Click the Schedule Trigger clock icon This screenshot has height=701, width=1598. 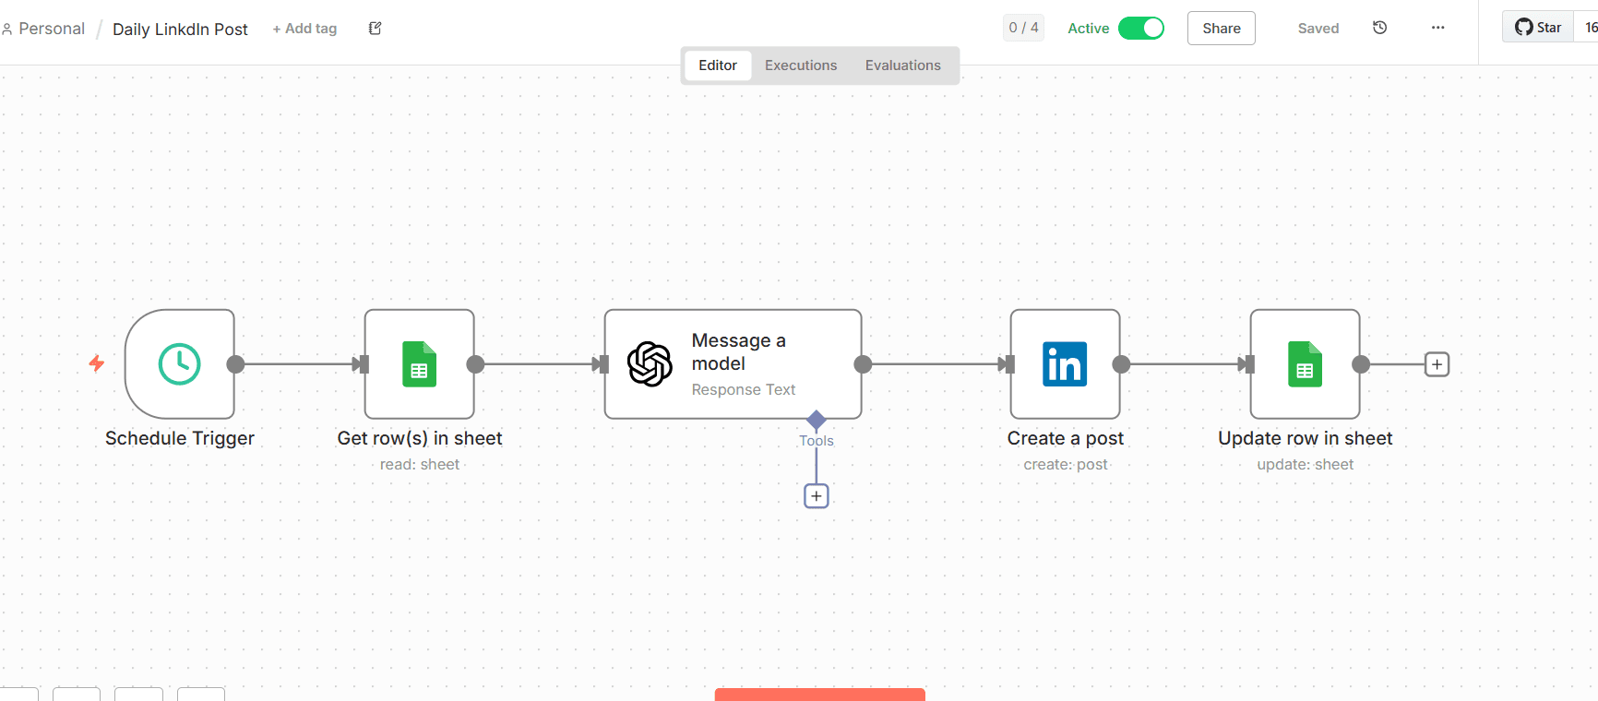pos(179,364)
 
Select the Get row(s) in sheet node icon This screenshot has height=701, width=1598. pos(419,364)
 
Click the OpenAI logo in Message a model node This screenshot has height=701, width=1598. pos(650,364)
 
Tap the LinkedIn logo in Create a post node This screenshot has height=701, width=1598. pos(1065,364)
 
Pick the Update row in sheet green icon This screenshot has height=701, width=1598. pos(1305,364)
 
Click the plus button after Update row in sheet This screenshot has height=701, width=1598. pos(1437,364)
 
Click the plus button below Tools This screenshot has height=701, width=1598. pos(817,496)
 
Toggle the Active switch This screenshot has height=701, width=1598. pos(1141,29)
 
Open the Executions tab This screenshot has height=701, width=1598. pos(801,65)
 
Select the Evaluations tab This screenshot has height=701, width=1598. pos(902,65)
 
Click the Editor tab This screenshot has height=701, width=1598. pos(718,65)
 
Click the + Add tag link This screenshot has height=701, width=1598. pos(304,29)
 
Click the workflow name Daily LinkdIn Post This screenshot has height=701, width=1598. pos(180,30)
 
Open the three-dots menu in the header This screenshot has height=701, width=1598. pos(1437,28)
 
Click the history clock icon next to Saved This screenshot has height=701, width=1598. pos(1380,28)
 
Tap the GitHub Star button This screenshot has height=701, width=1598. pos(1538,28)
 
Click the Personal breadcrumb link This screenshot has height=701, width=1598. pos(51,29)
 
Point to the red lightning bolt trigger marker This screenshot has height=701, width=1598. pos(96,363)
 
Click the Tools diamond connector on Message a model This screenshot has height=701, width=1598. pos(817,420)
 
